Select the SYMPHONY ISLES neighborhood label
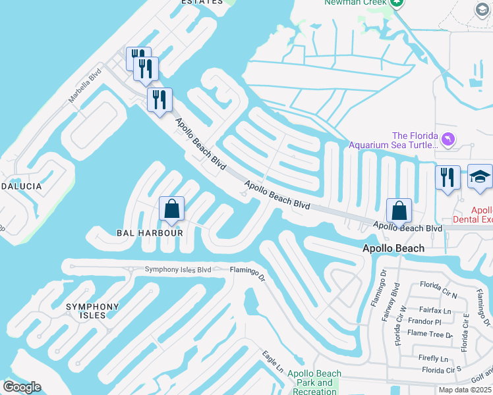click(92, 311)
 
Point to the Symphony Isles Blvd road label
click(178, 269)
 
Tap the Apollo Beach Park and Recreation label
click(314, 382)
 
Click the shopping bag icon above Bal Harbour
click(171, 210)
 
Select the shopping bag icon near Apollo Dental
click(399, 211)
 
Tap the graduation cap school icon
click(480, 177)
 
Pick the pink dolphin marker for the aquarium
click(448, 140)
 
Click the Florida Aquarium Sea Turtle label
click(393, 140)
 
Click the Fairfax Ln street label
click(438, 310)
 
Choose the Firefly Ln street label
click(434, 358)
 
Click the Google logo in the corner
click(22, 386)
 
